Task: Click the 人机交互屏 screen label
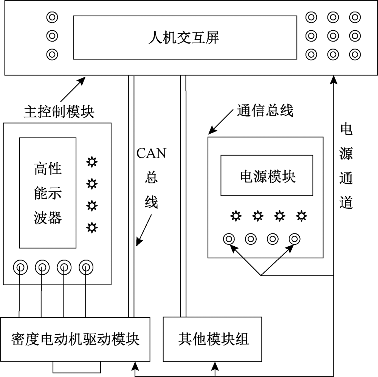[184, 38]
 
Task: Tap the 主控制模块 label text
[59, 112]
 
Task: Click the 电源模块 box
[267, 175]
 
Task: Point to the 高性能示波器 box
[48, 192]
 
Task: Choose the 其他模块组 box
[213, 339]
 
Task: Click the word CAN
[151, 153]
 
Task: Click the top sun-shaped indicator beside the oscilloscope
[91, 162]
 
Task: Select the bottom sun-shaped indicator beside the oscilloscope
[91, 227]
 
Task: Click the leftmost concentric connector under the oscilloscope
[19, 267]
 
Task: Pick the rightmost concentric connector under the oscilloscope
[86, 267]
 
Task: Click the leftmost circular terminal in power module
[229, 239]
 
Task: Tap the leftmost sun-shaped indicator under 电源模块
[236, 216]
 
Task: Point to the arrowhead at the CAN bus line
[139, 241]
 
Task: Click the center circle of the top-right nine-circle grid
[333, 36]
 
